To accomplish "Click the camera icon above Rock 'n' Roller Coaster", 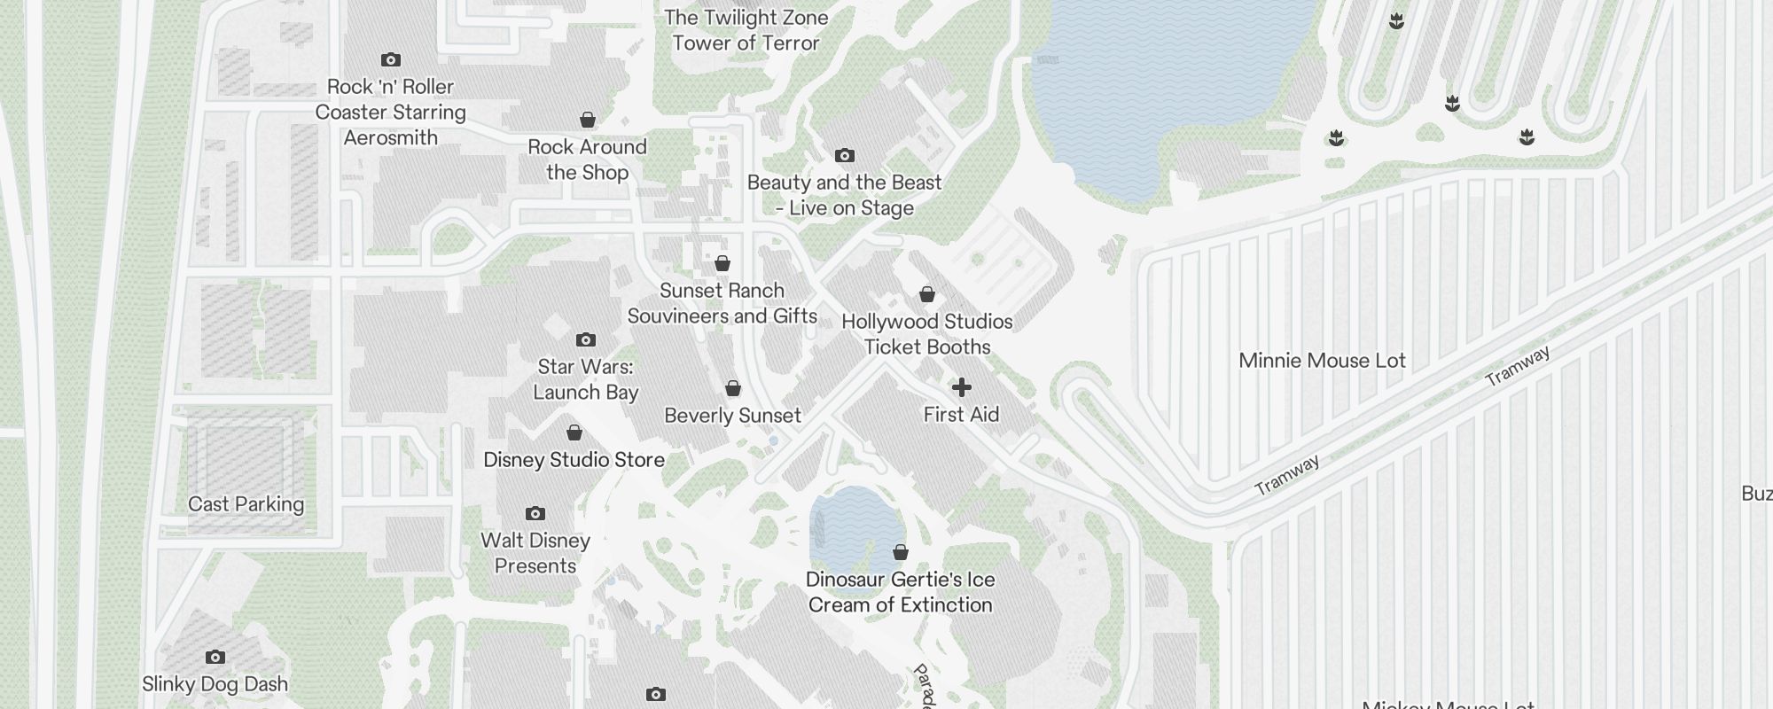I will (x=391, y=60).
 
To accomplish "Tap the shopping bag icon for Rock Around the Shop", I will (x=587, y=120).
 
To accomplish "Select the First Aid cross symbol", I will (x=961, y=387).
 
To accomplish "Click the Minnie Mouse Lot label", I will (x=1322, y=361).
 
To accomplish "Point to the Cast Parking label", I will (x=246, y=504).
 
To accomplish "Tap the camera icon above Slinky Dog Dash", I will (x=215, y=658).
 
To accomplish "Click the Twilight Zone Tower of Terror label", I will (x=746, y=30).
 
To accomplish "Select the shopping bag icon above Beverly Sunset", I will (x=733, y=389).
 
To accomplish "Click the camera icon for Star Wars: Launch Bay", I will (x=585, y=340).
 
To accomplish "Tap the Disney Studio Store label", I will (x=574, y=460).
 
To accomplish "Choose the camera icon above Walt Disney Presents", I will (x=535, y=514).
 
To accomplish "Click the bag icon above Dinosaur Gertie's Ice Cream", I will (x=901, y=553).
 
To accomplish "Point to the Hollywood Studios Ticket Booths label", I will (x=926, y=334).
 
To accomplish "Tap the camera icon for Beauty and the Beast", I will (x=845, y=156).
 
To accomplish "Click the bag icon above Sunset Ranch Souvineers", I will (x=722, y=264).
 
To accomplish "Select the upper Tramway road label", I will (x=1518, y=366).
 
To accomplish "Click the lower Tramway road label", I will (x=1286, y=476).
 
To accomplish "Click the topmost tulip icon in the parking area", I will (x=1396, y=21).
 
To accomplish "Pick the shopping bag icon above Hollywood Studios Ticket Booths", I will (x=927, y=294).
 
